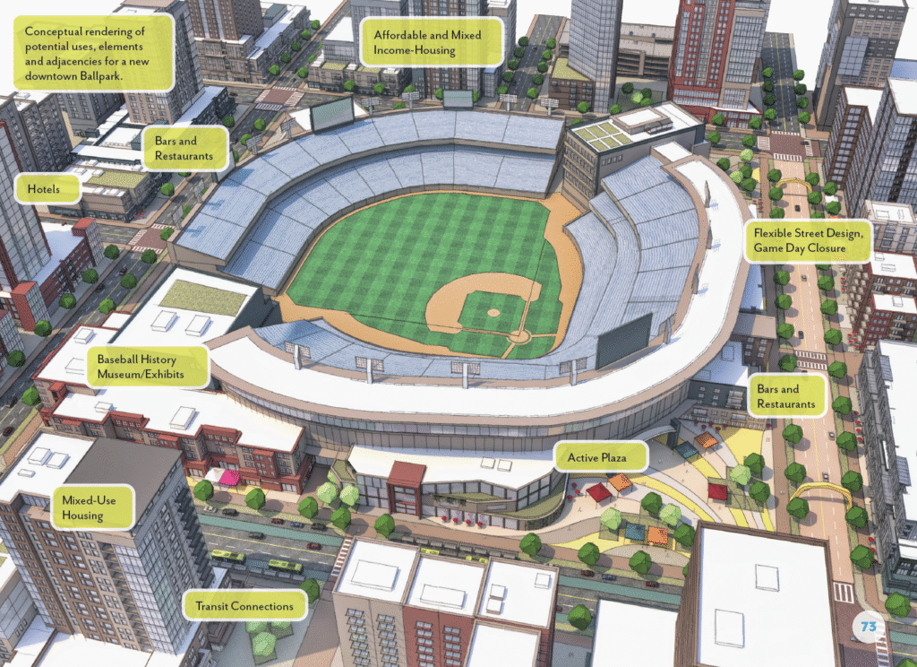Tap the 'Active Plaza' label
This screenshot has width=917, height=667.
tap(601, 458)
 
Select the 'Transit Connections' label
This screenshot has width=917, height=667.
tap(244, 607)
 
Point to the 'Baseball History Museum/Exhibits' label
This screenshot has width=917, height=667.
tap(148, 365)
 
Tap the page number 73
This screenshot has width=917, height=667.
tap(867, 626)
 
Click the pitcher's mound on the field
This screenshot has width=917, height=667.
tap(493, 312)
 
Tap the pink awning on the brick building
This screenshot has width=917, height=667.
tap(228, 477)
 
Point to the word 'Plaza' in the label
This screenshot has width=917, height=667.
tap(625, 458)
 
